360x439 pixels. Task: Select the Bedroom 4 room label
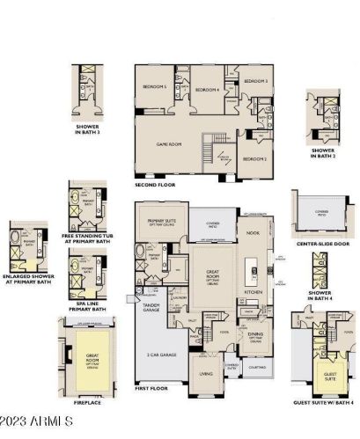point(207,90)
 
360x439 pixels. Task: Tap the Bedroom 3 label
point(255,81)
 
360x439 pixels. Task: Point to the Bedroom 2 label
point(254,158)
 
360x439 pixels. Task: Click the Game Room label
point(167,143)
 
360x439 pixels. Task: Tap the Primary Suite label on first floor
point(162,221)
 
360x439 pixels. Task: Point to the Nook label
point(253,232)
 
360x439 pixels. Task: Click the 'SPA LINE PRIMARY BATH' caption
point(86,306)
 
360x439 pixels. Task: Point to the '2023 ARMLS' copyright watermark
point(36,423)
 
